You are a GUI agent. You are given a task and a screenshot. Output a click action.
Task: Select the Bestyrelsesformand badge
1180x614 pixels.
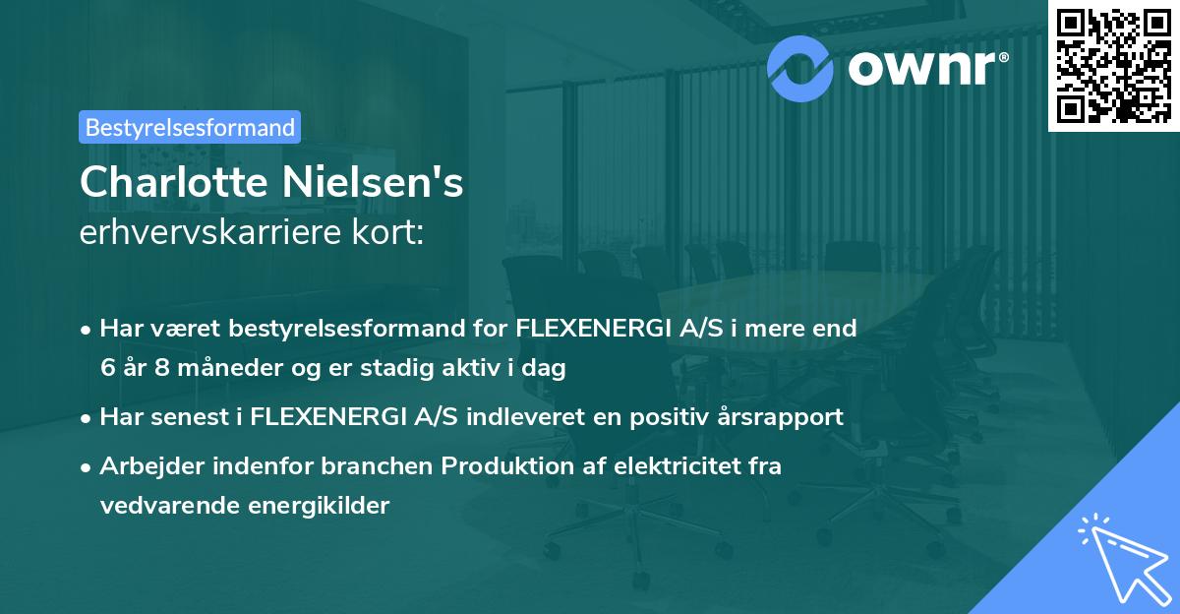click(190, 127)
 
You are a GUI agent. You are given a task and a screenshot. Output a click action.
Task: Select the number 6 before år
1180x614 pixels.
click(107, 367)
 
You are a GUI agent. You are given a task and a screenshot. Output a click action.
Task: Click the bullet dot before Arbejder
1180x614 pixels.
click(88, 467)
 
